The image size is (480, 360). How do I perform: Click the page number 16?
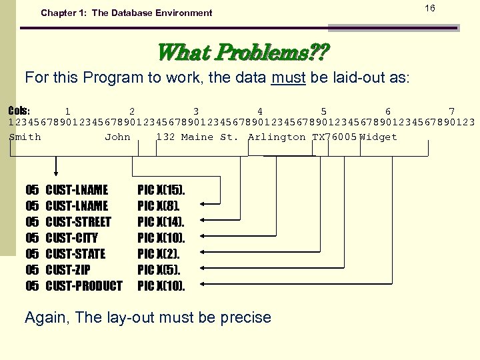coord(430,8)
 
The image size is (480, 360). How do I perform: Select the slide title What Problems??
coord(243,51)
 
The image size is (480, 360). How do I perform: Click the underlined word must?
coord(288,77)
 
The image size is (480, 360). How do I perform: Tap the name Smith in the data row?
coord(25,137)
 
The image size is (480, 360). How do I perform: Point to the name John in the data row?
coord(118,137)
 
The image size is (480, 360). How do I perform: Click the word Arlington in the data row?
coord(277,137)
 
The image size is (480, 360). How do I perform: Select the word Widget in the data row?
coord(378,137)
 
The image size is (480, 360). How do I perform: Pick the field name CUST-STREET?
coord(78,222)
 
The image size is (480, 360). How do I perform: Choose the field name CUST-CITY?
coord(71,238)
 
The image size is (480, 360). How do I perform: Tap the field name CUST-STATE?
coord(75,254)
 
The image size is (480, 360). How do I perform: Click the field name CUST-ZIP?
coord(67,270)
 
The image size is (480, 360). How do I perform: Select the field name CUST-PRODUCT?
coord(84,286)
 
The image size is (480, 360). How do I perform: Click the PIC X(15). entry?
coord(161,190)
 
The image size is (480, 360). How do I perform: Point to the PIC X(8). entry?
coord(159,206)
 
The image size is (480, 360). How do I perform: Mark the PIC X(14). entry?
coord(161,222)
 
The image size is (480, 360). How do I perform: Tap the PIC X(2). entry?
coord(159,254)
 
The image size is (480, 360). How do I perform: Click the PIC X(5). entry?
coord(159,270)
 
